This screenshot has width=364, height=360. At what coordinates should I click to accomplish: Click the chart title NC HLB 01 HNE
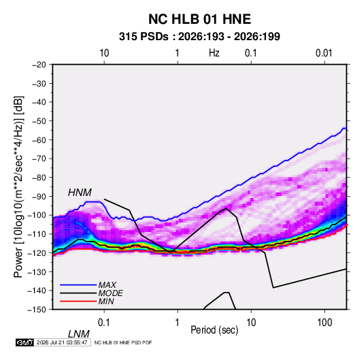tap(199, 19)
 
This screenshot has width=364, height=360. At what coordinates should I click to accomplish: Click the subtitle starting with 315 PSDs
tap(199, 37)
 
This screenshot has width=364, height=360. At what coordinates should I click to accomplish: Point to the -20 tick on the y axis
tap(39, 65)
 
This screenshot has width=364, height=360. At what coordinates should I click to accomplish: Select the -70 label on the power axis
tap(39, 159)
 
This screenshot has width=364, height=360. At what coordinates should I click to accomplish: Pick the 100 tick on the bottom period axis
tap(325, 323)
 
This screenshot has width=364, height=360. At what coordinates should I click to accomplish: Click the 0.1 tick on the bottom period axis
tap(104, 323)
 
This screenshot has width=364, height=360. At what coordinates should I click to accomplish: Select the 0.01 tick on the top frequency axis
tap(324, 53)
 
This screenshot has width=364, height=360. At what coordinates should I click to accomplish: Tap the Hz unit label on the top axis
tap(214, 53)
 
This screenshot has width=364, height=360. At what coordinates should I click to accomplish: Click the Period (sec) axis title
tap(214, 330)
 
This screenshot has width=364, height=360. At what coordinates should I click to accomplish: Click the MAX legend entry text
tap(107, 284)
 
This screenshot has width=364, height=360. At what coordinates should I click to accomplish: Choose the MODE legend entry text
tap(110, 293)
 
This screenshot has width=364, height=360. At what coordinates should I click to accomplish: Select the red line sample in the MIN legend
tap(78, 301)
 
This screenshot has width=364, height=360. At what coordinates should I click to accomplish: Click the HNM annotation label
tap(80, 193)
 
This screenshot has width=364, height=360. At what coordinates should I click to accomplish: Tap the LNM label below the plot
tap(79, 334)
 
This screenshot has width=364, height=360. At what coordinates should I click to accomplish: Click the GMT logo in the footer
tap(24, 342)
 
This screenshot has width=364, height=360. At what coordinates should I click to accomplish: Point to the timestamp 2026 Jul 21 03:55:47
tap(62, 342)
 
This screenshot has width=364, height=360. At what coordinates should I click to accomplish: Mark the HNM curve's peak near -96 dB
tap(227, 208)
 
